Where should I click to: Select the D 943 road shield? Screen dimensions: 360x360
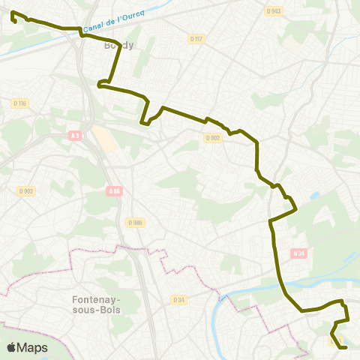tap(274, 11)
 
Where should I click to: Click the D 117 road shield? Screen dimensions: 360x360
tap(196, 38)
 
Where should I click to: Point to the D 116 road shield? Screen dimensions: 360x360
tap(19, 103)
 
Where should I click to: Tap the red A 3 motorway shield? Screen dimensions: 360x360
tap(74, 136)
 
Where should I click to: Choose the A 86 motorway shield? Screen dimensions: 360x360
tap(114, 191)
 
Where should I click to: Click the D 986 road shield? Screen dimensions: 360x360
tap(135, 223)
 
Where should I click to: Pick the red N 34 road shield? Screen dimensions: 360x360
tap(298, 253)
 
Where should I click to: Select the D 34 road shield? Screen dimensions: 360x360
tap(178, 300)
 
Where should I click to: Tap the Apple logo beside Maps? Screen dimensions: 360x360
tap(11, 347)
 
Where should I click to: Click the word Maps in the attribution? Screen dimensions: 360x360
tap(32, 347)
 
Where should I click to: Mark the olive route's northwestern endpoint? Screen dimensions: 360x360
tap(13, 13)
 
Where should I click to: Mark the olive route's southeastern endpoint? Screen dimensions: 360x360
tap(345, 347)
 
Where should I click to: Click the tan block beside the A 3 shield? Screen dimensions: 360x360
tap(104, 138)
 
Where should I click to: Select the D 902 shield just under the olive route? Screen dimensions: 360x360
tap(213, 137)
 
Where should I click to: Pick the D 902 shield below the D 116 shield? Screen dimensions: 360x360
tap(27, 191)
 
